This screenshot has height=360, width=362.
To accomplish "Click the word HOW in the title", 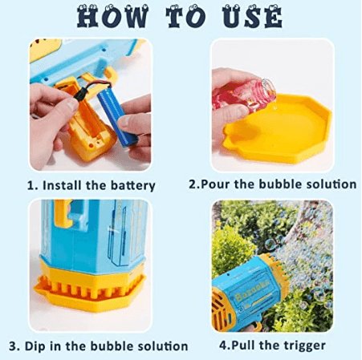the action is (x=112, y=16).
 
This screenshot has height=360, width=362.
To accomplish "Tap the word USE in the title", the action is (x=252, y=16).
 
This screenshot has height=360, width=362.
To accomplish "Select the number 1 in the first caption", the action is (x=31, y=185).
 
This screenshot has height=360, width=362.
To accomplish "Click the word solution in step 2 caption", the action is (x=331, y=184).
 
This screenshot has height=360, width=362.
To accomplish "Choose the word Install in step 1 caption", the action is (x=62, y=185).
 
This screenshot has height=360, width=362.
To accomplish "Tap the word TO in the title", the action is (x=186, y=16).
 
